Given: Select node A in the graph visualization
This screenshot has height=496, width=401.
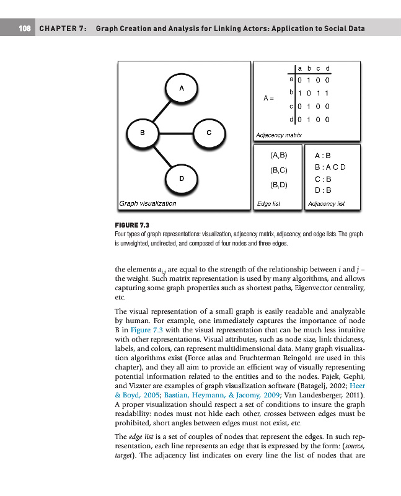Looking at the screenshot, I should point(182,88).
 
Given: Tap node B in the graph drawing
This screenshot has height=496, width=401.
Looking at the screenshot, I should point(143,133).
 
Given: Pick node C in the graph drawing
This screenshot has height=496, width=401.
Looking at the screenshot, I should point(209,133).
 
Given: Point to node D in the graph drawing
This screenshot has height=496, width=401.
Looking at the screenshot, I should point(182,179).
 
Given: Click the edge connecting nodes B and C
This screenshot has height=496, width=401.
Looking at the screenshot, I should point(176,133).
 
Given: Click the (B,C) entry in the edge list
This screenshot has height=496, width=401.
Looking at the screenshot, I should point(278,169).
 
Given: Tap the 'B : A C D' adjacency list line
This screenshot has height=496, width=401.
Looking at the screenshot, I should point(329,167).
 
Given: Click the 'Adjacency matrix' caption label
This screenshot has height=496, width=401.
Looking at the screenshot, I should point(279,135).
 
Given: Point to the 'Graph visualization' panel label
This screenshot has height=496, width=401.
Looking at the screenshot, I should point(148,203).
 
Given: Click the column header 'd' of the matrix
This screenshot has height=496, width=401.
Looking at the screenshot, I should point(327,68).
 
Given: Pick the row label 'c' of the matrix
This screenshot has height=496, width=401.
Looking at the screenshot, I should point(291,105).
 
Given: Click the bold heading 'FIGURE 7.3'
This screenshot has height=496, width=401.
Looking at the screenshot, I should point(132,225).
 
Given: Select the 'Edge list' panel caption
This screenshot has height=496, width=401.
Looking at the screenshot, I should point(268,203).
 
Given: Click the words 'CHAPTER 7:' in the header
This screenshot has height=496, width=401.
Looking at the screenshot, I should point(62,29).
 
